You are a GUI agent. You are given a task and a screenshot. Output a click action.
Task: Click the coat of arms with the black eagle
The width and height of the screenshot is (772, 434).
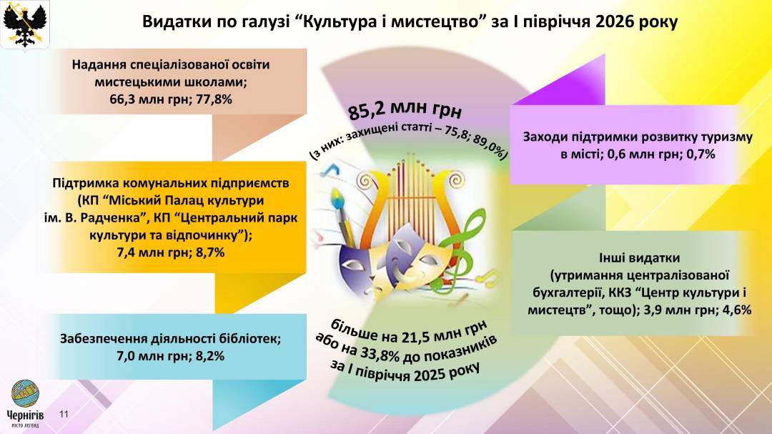click(24, 24)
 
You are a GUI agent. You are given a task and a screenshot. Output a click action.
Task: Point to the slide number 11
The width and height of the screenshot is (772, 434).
click(64, 414)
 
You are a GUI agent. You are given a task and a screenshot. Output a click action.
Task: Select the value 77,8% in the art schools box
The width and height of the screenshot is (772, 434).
click(214, 99)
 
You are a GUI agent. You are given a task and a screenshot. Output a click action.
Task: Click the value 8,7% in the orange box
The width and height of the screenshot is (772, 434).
click(210, 252)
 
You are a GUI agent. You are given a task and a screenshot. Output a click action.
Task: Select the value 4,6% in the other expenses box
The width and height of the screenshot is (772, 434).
click(736, 310)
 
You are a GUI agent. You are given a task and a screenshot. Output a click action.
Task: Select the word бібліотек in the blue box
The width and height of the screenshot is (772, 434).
click(249, 338)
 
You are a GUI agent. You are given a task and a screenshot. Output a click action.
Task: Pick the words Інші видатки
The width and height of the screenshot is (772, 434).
click(639, 257)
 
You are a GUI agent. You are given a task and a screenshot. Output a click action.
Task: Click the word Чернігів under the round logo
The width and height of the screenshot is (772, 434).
click(25, 415)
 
